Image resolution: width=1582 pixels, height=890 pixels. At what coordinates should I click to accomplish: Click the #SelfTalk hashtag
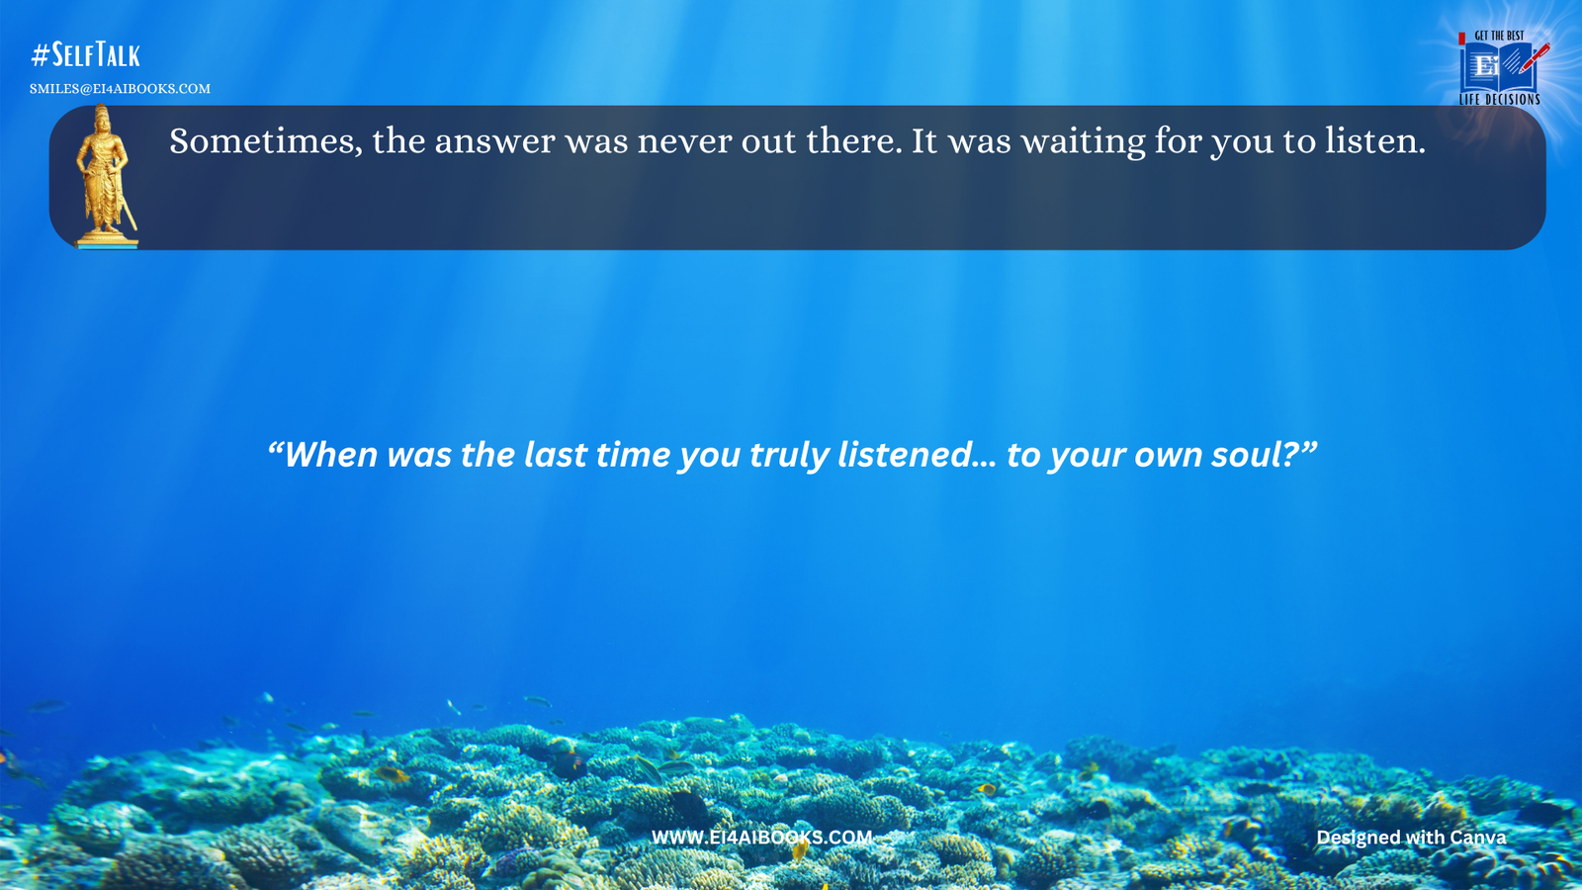tap(85, 54)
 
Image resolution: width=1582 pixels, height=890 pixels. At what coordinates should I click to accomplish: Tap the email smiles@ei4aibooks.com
tap(120, 89)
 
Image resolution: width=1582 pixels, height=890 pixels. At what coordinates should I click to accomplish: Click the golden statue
tap(105, 176)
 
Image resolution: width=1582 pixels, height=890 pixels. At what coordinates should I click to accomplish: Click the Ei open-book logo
tap(1491, 67)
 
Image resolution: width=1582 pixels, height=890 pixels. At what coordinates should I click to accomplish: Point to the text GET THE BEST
tap(1499, 36)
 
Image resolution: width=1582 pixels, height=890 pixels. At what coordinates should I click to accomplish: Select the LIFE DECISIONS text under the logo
tap(1499, 100)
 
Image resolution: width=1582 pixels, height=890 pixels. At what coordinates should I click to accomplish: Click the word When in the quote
tap(331, 455)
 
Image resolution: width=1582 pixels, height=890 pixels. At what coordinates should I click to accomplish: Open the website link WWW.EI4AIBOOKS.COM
tap(761, 838)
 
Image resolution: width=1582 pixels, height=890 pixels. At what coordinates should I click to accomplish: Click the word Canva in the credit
tap(1477, 838)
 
